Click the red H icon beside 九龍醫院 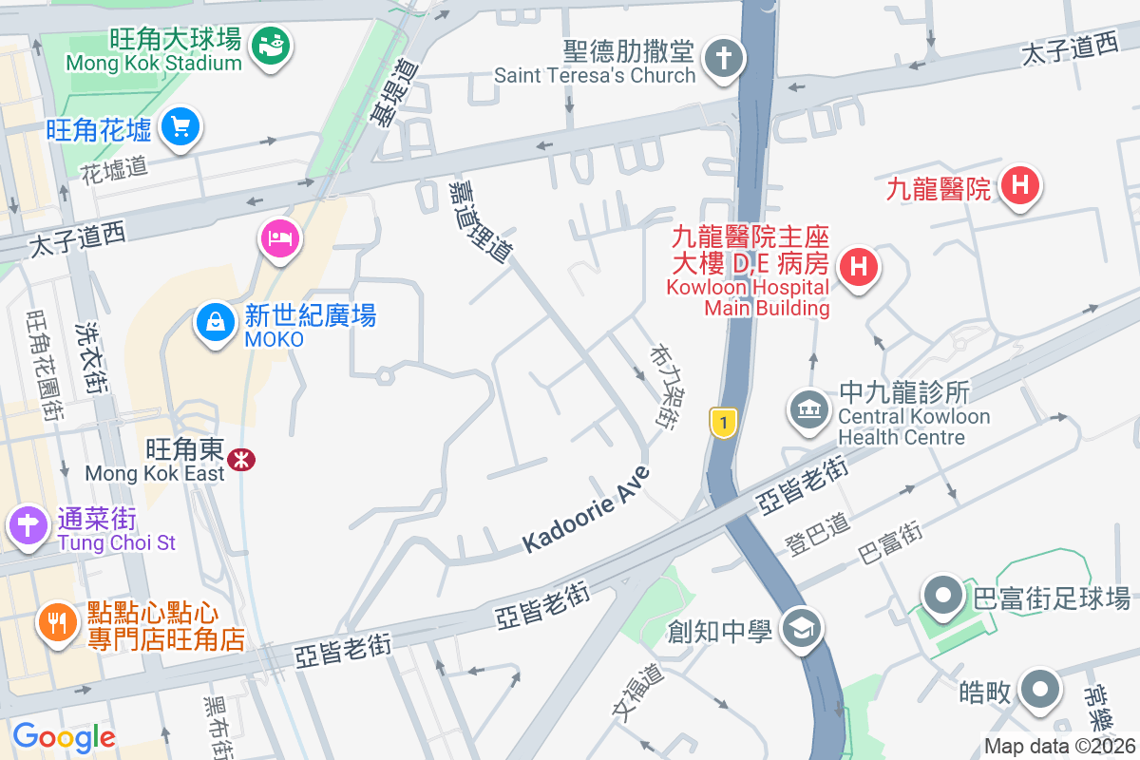tap(1020, 184)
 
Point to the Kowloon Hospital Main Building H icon tap(859, 265)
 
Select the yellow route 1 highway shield tap(724, 423)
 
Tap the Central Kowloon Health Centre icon tap(809, 410)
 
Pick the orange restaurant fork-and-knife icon tap(58, 622)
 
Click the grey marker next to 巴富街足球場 tap(944, 595)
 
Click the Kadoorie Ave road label tap(586, 510)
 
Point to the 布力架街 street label tap(662, 385)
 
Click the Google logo tap(64, 736)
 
